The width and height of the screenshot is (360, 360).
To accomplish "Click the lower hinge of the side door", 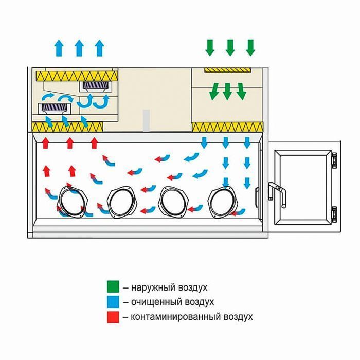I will click(334, 212).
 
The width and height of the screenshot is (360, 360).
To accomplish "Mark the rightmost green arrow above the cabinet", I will click(250, 47).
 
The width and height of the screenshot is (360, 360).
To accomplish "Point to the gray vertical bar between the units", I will click(147, 119).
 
